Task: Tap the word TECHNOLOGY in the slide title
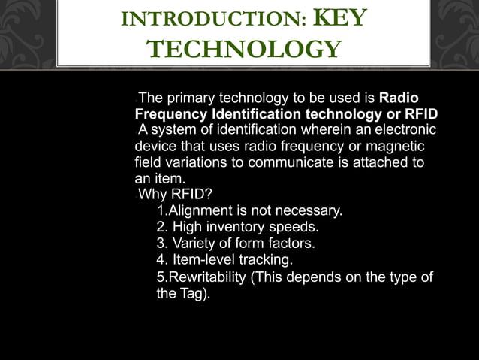pyautogui.click(x=243, y=49)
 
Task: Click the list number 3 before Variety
pyautogui.click(x=160, y=244)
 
